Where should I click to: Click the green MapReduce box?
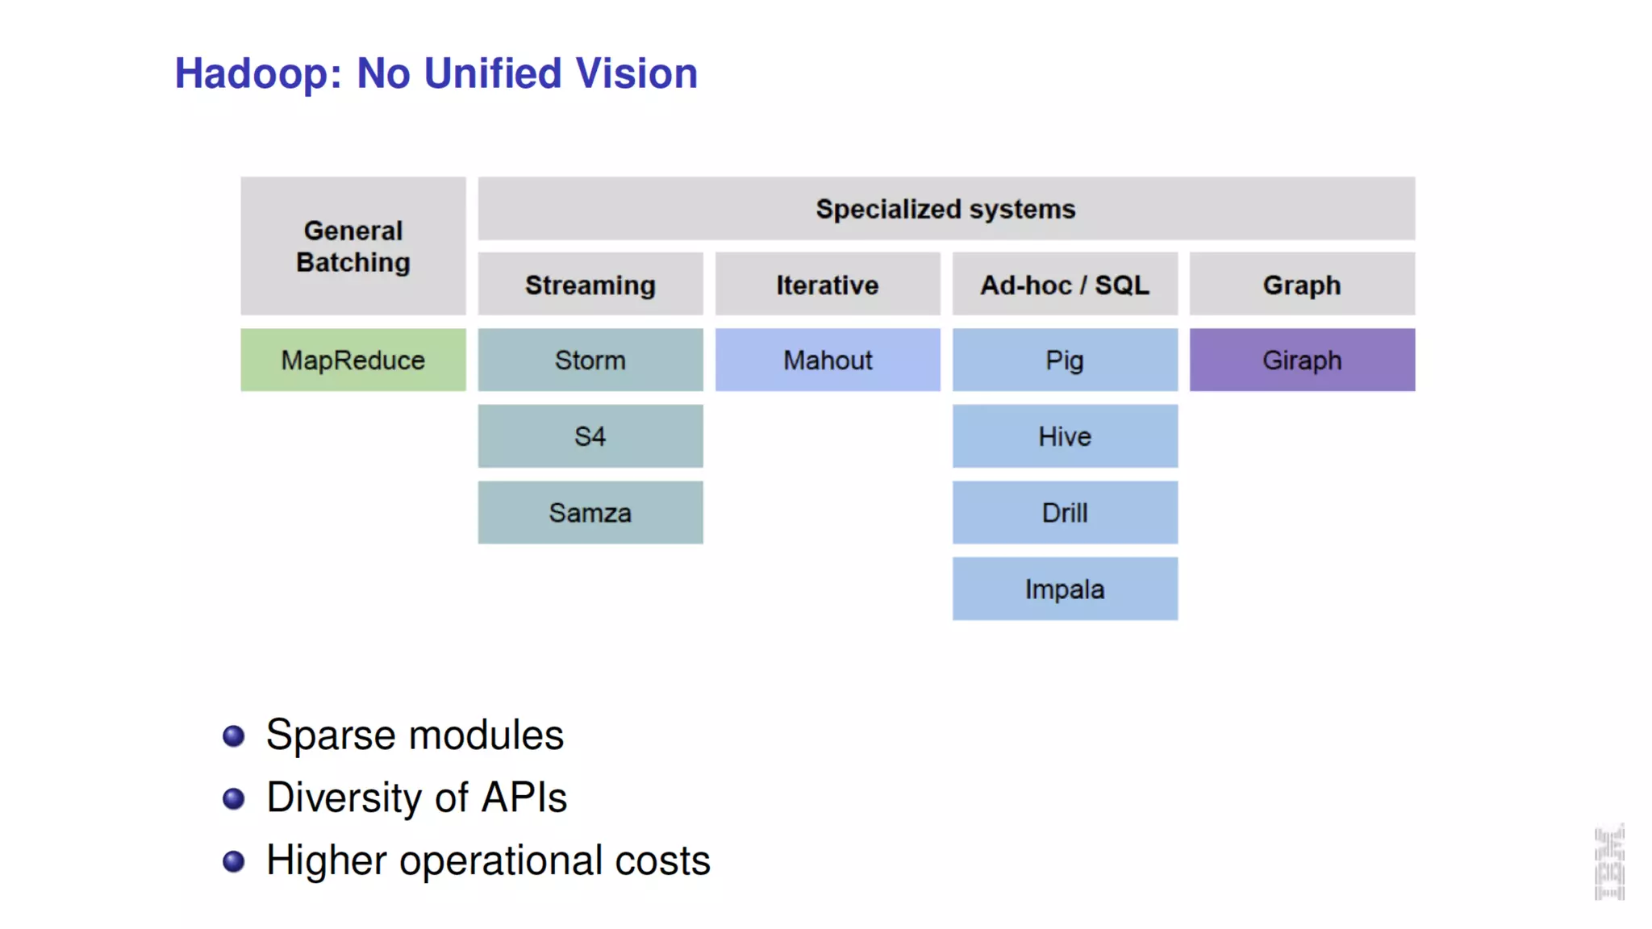[353, 360]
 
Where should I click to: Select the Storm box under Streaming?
[590, 360]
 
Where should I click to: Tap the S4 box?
[590, 436]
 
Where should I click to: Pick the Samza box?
[590, 513]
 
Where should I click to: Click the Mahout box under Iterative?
[828, 360]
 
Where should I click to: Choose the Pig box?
[1065, 360]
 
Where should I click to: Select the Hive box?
[1065, 436]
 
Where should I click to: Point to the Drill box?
[1065, 513]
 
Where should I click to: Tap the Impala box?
[1065, 589]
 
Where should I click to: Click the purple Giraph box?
[1302, 360]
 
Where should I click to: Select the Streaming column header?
[590, 285]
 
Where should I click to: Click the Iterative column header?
[828, 285]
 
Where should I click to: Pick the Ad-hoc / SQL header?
[1065, 285]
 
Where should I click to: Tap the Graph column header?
[1302, 285]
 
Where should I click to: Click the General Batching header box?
[353, 246]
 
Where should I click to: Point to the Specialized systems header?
[945, 209]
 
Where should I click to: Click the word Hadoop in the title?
[252, 74]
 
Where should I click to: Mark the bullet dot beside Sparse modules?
[234, 735]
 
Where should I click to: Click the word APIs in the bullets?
[524, 798]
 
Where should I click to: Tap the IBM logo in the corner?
[1609, 863]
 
